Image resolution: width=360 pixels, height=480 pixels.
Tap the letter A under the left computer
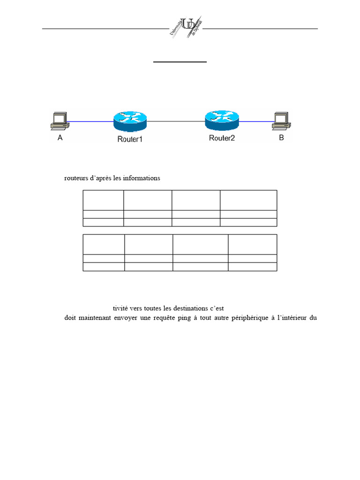click(x=60, y=138)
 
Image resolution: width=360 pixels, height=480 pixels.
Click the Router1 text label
click(x=130, y=139)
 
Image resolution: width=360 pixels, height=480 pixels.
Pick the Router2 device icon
click(x=222, y=120)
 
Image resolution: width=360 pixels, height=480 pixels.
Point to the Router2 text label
click(x=222, y=138)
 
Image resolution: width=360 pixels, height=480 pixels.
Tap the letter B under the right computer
click(x=281, y=138)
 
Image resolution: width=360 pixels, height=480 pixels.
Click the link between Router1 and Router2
click(x=176, y=122)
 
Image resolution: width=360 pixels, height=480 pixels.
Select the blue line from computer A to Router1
click(x=91, y=122)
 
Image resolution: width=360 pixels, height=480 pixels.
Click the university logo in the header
click(x=186, y=28)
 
